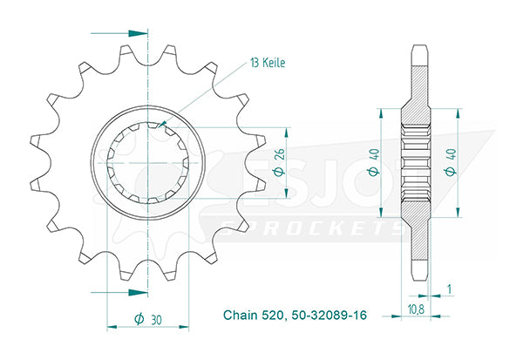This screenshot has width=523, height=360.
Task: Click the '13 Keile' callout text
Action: click(268, 63)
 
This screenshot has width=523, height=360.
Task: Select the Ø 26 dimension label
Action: click(279, 162)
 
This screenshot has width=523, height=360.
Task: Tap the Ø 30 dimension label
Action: click(148, 319)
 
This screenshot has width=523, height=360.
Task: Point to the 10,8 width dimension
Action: click(416, 309)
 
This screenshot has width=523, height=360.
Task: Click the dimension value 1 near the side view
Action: click(450, 289)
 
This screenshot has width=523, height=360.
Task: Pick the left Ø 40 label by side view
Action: click(374, 162)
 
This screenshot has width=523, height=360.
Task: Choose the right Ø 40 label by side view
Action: click(451, 162)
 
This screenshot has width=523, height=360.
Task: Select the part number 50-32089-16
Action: click(329, 315)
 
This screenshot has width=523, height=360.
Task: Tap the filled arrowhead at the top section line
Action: click(138, 33)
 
